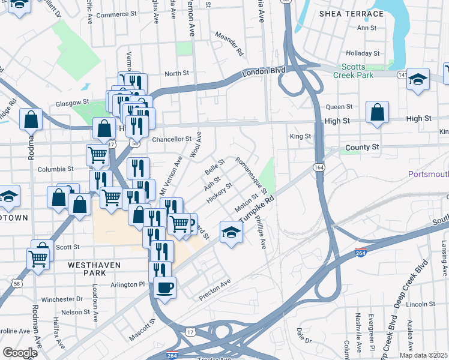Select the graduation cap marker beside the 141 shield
click(418, 80)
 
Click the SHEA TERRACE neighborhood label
click(351, 13)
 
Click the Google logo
click(20, 352)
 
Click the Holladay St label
click(364, 53)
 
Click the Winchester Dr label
click(62, 299)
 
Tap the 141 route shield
click(402, 75)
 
